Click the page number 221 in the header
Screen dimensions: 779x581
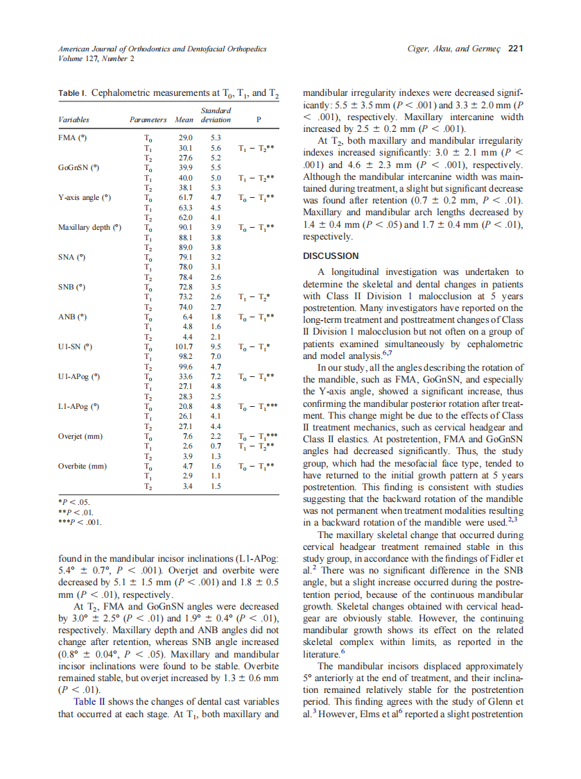point(514,49)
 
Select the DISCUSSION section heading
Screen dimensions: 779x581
point(331,256)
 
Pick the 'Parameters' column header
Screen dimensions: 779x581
point(148,119)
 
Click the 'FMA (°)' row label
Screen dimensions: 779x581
point(73,138)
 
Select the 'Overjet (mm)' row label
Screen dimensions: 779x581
point(80,437)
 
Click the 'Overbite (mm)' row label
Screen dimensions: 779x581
point(82,467)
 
